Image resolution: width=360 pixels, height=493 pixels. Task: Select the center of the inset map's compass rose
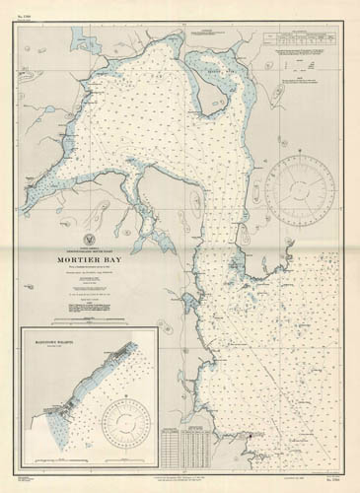124,426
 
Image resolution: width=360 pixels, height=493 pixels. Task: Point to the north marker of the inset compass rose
124,402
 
